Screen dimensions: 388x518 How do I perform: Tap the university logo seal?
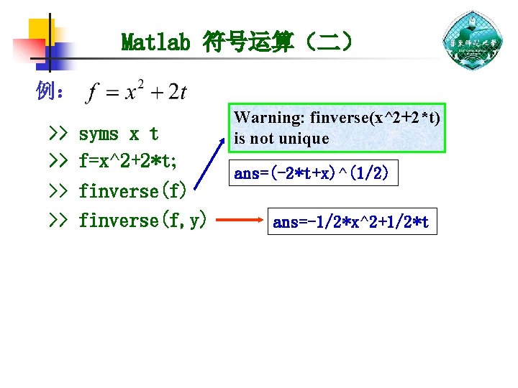pos(472,41)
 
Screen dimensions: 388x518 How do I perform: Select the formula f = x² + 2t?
pos(136,93)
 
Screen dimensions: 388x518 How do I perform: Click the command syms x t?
pos(118,134)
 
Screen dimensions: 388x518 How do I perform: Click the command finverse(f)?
pos(133,191)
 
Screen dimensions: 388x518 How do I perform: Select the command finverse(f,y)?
pos(142,220)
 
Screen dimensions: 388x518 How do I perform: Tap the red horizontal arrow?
pos(241,221)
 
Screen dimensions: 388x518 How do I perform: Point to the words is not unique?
pos(281,138)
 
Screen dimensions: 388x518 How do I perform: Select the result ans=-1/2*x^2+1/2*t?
pos(351,223)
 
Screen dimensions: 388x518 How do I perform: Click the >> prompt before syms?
pos(58,134)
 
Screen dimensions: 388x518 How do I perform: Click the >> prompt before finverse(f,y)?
pos(58,220)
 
